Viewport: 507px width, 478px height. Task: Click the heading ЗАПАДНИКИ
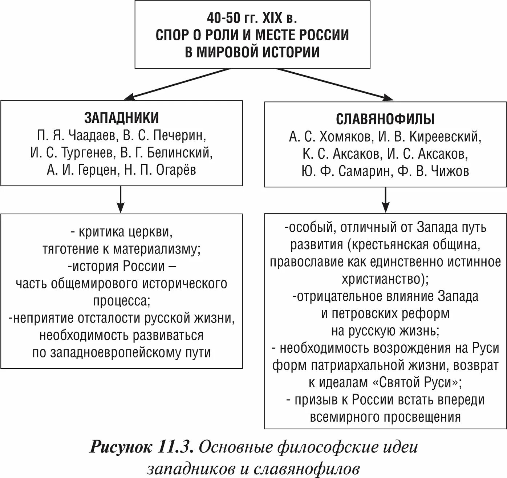pyautogui.click(x=121, y=118)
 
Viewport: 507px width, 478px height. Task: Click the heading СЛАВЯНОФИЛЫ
pyautogui.click(x=385, y=119)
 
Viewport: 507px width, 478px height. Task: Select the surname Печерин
pyautogui.click(x=179, y=135)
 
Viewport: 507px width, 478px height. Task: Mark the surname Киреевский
pyautogui.click(x=445, y=137)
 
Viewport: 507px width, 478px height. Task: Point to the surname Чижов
pyautogui.click(x=450, y=171)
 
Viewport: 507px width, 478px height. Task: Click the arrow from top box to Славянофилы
pyautogui.click(x=334, y=84)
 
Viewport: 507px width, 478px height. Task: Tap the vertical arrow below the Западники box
pyautogui.click(x=121, y=200)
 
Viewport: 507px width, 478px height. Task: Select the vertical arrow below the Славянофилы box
pyautogui.click(x=386, y=200)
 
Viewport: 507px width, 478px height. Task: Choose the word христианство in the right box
pyautogui.click(x=382, y=279)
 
